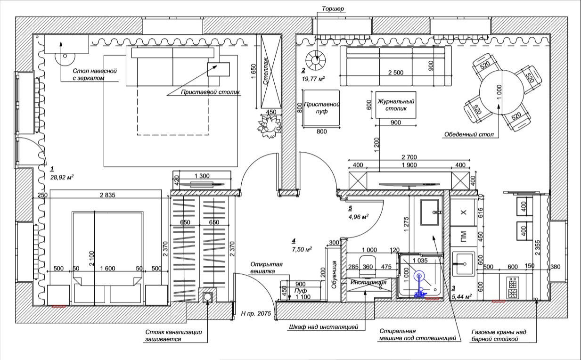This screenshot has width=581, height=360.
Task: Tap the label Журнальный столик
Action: (x=396, y=105)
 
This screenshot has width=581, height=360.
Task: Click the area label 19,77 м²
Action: (x=313, y=79)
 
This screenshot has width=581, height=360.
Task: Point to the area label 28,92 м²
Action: (x=62, y=177)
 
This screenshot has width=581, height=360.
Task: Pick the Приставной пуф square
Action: (x=321, y=108)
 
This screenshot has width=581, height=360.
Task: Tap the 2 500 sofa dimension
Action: (x=395, y=73)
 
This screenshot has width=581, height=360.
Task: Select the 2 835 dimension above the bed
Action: (x=107, y=195)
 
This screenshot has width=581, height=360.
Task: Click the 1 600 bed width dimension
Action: (x=107, y=268)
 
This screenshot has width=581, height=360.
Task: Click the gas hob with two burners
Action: (x=513, y=288)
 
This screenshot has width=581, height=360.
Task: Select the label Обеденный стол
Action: (x=469, y=134)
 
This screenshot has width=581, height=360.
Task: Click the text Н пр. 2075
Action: (x=256, y=313)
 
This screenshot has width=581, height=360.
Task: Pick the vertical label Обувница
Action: (x=334, y=275)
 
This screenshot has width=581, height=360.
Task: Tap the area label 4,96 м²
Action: (x=358, y=216)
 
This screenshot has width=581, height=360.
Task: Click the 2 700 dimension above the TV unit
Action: (x=409, y=157)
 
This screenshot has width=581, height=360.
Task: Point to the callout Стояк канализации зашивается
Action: (x=173, y=335)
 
